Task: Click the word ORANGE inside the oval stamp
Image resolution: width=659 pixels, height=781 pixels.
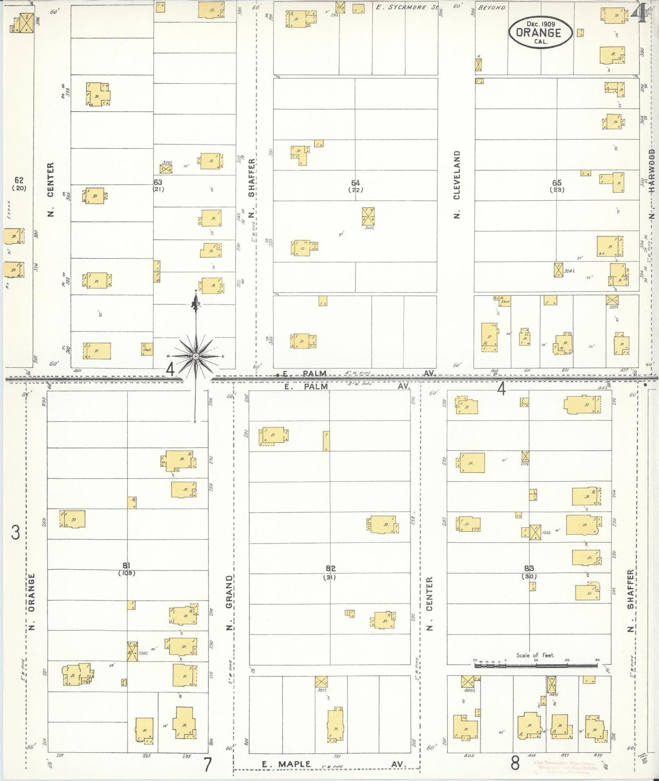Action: (x=538, y=32)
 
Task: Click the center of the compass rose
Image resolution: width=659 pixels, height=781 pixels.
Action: (x=196, y=356)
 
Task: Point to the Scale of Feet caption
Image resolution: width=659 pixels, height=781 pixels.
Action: (x=535, y=655)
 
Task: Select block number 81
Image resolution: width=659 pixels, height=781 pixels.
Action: (x=127, y=566)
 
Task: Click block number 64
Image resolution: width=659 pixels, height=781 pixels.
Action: (x=355, y=183)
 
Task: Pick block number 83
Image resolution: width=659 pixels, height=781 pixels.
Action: (x=529, y=568)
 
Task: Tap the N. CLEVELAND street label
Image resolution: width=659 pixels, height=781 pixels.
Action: (x=457, y=185)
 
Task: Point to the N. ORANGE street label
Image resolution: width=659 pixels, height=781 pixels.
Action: (x=32, y=602)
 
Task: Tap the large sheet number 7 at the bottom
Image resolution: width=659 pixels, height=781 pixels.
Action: (x=208, y=764)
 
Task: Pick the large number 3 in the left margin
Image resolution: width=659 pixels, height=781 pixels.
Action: (x=16, y=532)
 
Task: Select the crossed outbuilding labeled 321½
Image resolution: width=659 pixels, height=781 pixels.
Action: (x=322, y=682)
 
